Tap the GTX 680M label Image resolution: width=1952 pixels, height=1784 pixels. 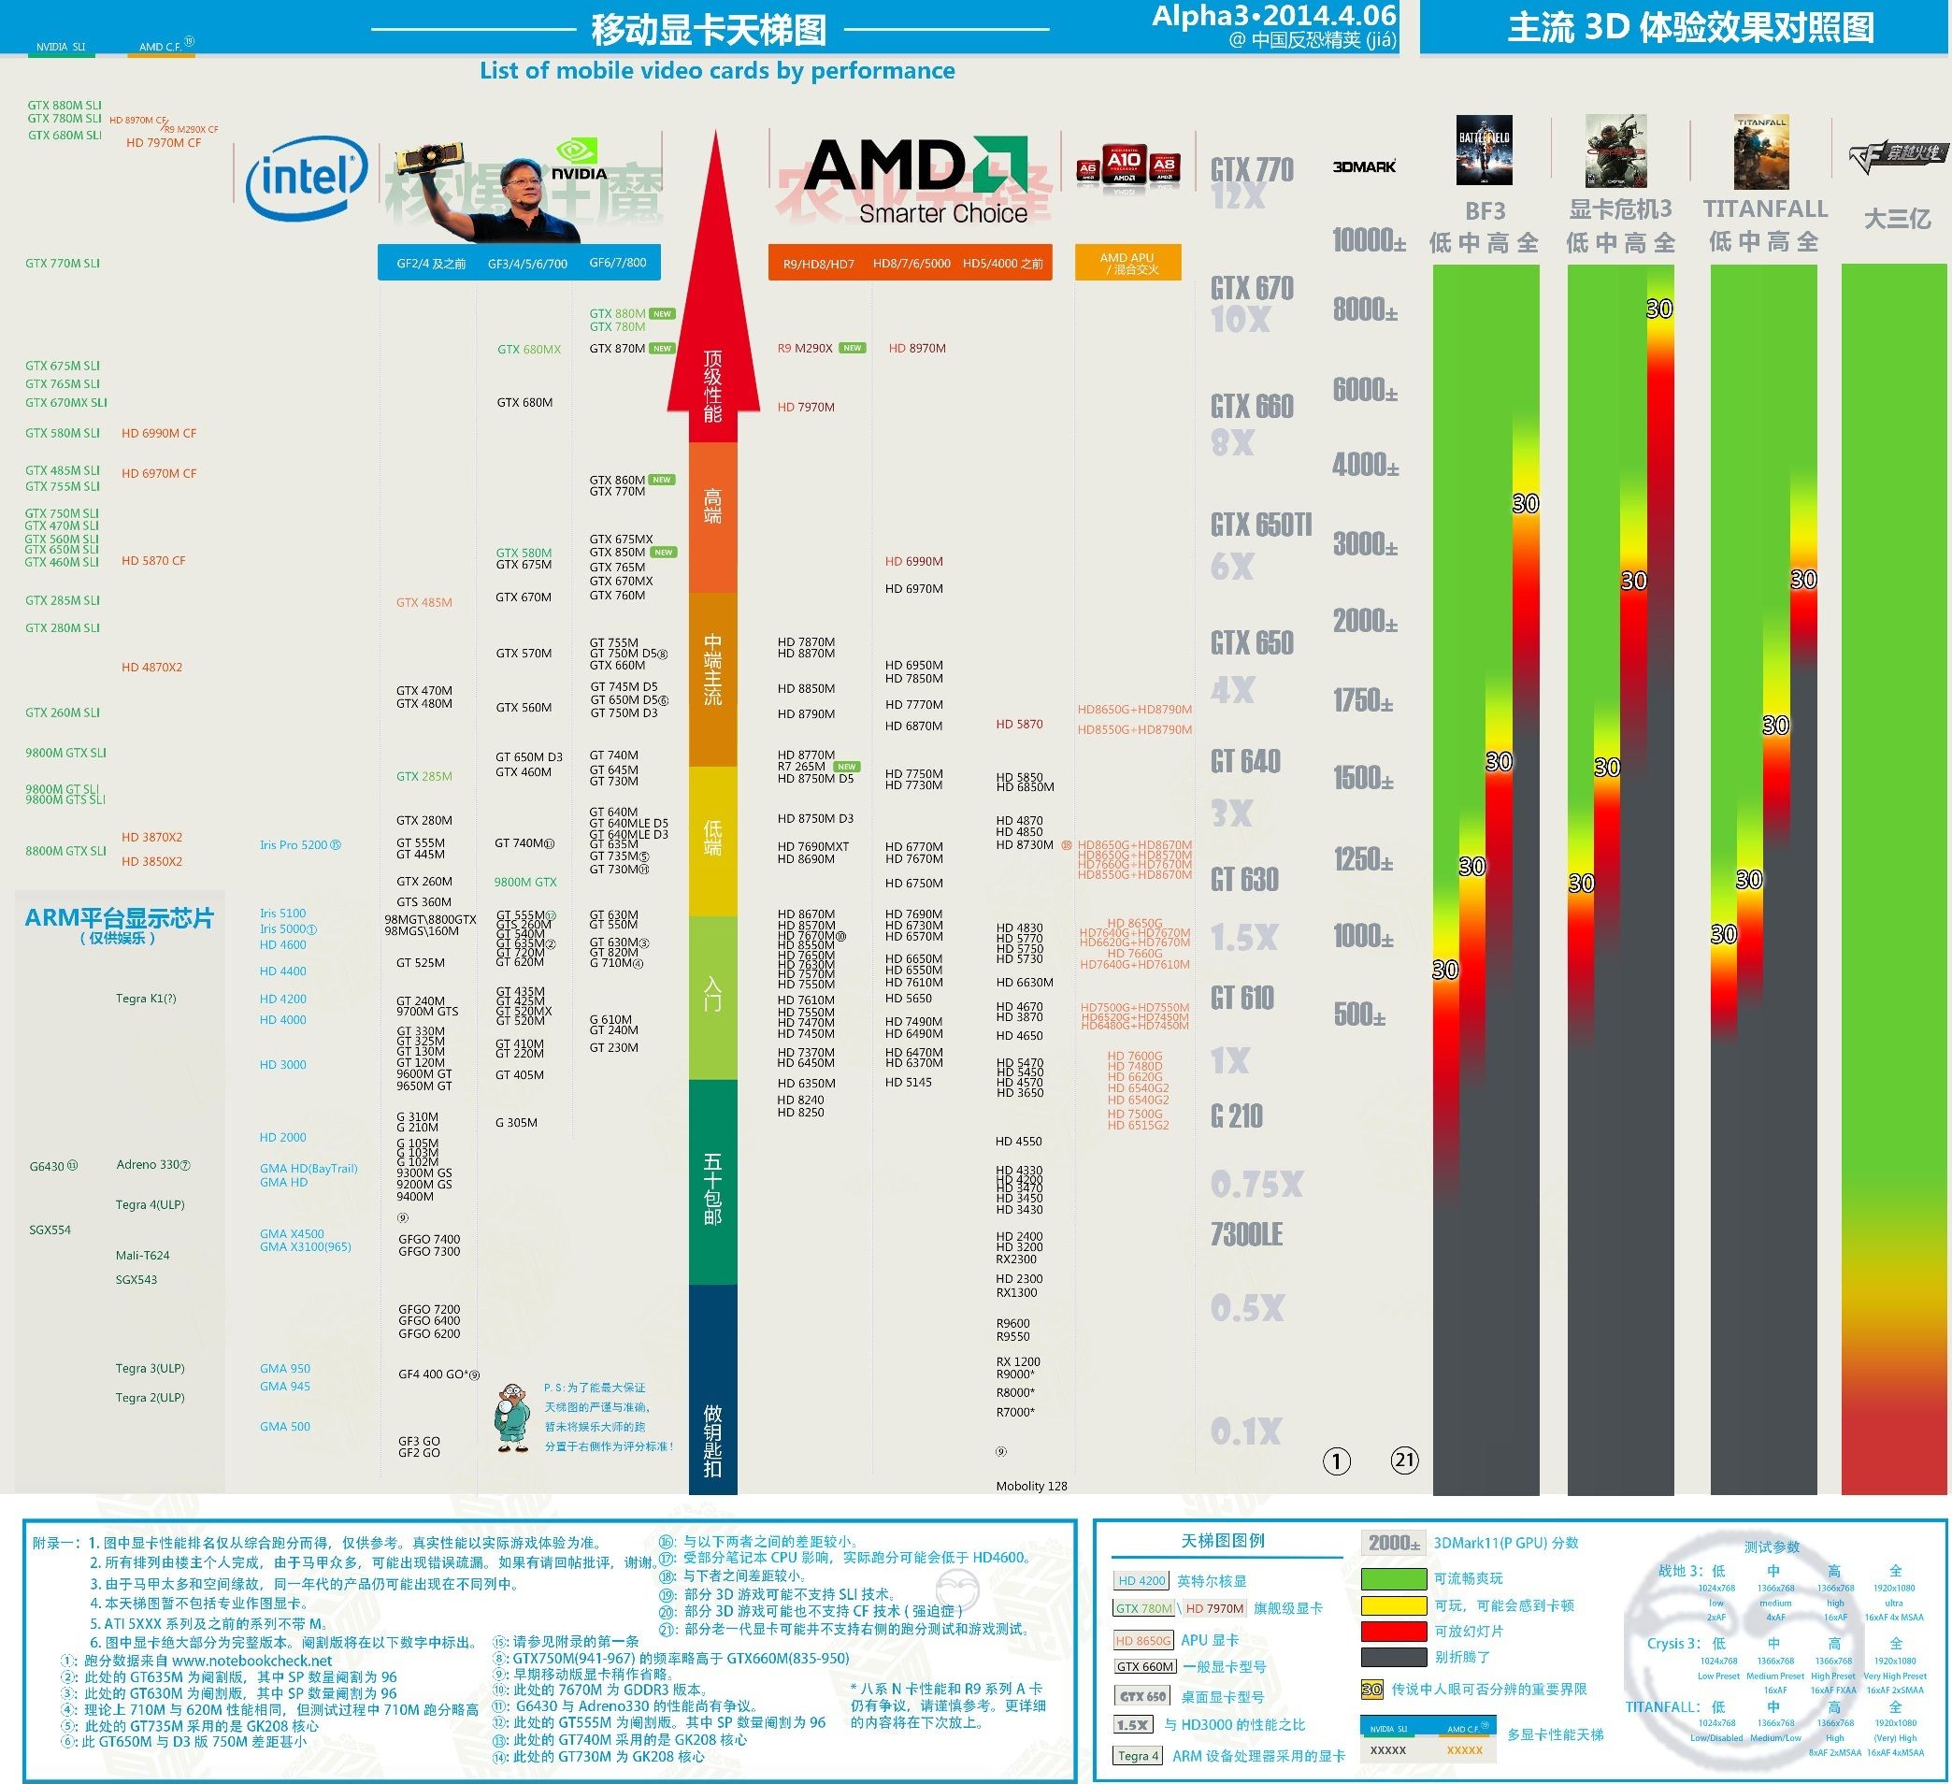(524, 403)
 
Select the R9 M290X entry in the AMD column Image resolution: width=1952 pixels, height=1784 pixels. (805, 349)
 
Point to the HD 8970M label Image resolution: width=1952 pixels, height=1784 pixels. (917, 349)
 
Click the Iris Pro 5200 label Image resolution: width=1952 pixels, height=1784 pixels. (294, 845)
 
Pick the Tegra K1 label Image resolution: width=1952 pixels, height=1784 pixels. (146, 999)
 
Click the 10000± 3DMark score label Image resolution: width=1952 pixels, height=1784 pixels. (1368, 240)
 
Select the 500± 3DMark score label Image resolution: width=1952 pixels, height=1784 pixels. (1359, 1015)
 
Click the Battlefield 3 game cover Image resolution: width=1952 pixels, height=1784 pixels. (1484, 151)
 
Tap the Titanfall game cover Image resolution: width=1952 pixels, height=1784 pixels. (1761, 151)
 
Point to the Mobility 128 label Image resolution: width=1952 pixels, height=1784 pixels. (1031, 1487)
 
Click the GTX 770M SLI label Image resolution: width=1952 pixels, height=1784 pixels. (63, 264)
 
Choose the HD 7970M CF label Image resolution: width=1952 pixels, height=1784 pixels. (164, 143)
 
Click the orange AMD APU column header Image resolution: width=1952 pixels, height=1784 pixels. (1127, 263)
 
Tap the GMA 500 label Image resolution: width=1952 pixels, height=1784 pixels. (284, 1427)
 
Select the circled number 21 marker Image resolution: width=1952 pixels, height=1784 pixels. (1404, 1460)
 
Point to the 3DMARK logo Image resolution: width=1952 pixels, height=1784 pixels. (1364, 166)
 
